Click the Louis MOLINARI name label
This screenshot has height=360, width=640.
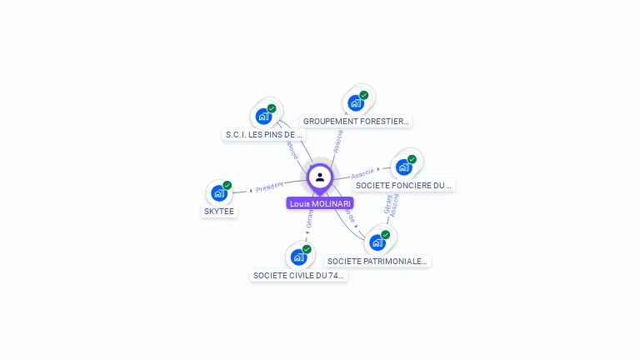320,203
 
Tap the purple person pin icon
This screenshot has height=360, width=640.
320,177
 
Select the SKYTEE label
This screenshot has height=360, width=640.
220,212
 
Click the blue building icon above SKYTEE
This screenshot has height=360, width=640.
218,193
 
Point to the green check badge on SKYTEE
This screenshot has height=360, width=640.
227,185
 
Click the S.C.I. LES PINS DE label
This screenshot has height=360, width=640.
264,134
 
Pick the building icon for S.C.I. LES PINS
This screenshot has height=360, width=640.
263,116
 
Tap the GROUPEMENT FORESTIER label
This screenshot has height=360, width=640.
356,121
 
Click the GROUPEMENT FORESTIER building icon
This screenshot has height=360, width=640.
356,103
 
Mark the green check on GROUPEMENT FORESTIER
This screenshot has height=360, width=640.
365,94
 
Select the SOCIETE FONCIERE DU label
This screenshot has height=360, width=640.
404,185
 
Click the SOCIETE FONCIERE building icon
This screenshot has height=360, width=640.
403,167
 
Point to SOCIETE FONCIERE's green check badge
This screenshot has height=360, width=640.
412,159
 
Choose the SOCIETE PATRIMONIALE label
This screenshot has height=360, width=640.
377,261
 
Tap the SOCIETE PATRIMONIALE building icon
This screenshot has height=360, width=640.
377,242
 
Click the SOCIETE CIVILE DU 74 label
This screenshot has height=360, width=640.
298,276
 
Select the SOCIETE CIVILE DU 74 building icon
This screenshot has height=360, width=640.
298,257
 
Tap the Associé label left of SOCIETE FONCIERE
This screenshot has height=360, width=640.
362,174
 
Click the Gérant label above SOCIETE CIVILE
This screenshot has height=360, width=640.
310,220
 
